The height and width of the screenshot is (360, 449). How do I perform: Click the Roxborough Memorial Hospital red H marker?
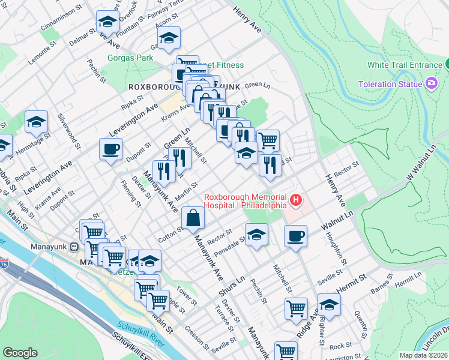pos(295,199)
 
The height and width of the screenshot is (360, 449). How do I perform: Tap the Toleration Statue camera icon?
pos(430,83)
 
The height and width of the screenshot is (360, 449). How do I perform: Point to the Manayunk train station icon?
pos(74,246)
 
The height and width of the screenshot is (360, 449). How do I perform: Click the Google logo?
pos(20,353)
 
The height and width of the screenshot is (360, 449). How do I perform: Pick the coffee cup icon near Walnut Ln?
pos(295,235)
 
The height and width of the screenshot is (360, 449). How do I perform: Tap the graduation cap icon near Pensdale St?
pos(256,235)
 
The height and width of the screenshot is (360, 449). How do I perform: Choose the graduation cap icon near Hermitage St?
pos(36,122)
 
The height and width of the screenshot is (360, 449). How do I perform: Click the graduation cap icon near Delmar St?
pos(107,22)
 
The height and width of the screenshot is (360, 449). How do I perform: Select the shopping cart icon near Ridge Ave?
pos(297,309)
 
